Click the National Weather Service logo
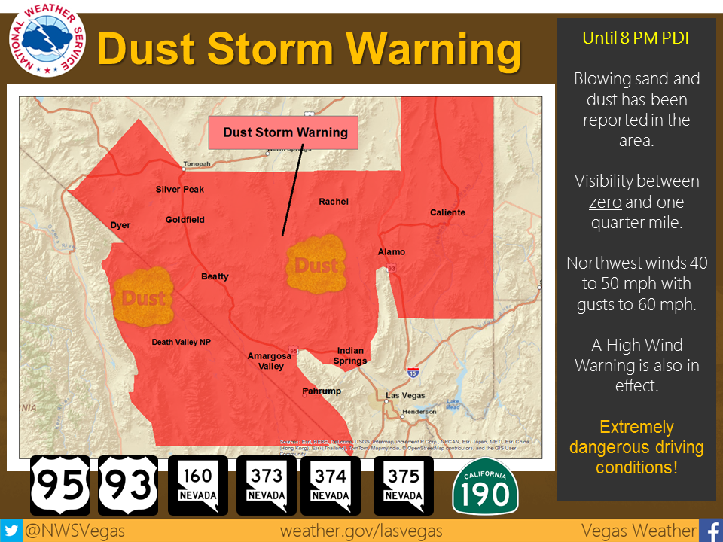47,41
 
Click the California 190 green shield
485,486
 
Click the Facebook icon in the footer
710,531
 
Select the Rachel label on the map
334,202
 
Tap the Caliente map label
447,212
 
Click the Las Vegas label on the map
405,395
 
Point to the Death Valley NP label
181,342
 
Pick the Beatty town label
215,276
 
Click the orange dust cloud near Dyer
142,296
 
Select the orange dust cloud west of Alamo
316,264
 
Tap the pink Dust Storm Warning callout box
285,132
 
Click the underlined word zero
604,202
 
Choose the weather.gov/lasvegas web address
361,531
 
